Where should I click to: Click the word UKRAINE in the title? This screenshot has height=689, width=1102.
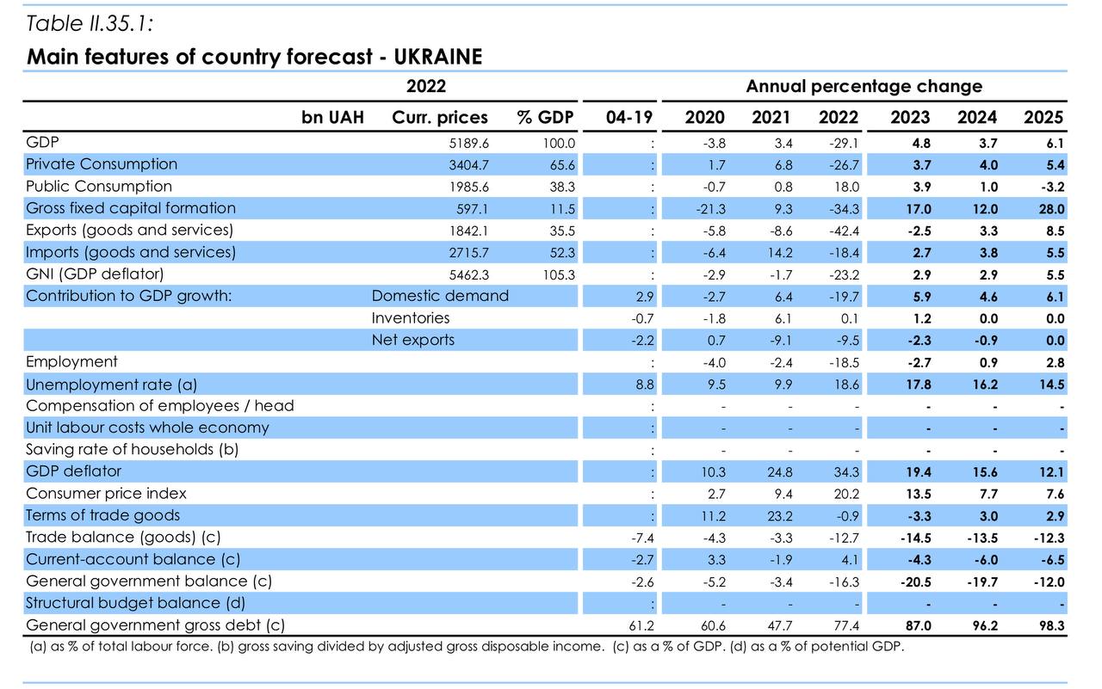[438, 57]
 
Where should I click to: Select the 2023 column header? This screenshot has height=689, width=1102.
[910, 117]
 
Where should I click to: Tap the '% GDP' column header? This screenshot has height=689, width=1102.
[545, 117]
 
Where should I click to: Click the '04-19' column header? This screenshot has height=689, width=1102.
[629, 117]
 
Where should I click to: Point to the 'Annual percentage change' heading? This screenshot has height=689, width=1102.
[864, 86]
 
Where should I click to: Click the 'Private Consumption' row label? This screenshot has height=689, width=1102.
[102, 164]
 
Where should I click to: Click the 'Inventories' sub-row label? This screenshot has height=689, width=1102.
[411, 318]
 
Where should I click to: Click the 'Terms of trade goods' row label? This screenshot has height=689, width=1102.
[103, 515]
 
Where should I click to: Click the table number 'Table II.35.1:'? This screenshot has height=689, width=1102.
[90, 23]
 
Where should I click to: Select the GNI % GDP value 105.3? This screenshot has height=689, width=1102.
[558, 275]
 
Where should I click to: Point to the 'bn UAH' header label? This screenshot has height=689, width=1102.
[332, 117]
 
